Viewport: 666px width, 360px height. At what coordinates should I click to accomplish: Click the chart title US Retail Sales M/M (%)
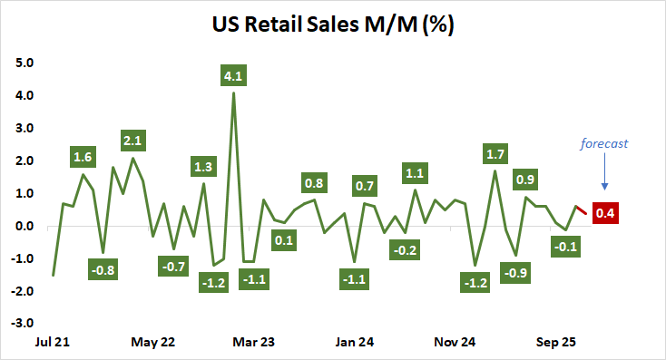click(x=333, y=24)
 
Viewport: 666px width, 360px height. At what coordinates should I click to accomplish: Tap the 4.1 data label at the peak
click(x=234, y=75)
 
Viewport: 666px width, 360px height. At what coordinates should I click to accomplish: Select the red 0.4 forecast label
click(x=605, y=213)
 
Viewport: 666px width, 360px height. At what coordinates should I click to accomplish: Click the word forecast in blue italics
click(x=605, y=142)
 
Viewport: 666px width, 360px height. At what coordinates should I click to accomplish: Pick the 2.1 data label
click(x=133, y=141)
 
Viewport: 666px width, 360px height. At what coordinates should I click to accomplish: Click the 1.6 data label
click(x=83, y=157)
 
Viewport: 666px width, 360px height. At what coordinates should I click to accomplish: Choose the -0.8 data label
click(x=103, y=269)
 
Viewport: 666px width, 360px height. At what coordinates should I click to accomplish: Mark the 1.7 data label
click(x=495, y=153)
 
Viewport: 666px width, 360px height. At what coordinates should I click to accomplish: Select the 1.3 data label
click(x=203, y=166)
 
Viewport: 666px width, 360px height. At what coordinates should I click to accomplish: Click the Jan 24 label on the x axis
click(x=354, y=343)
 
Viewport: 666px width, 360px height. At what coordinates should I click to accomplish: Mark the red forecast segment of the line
click(x=581, y=210)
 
